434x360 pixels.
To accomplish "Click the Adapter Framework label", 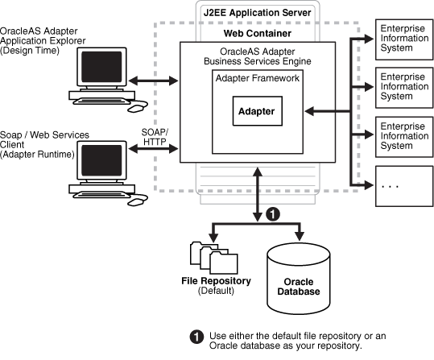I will pyautogui.click(x=257, y=79).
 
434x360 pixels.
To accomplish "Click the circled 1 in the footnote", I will pyautogui.click(x=194, y=335).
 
